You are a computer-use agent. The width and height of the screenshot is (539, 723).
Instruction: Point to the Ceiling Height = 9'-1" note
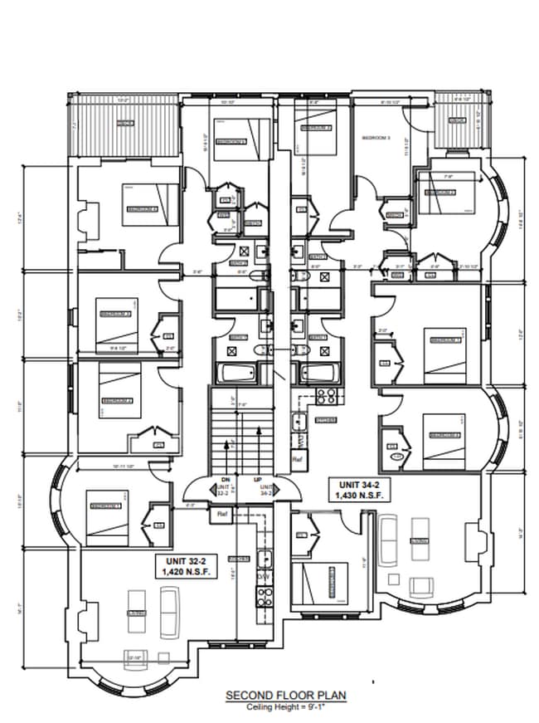285,707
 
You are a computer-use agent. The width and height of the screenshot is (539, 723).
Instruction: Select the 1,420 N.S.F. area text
185,573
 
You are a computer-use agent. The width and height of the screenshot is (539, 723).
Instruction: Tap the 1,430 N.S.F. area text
359,495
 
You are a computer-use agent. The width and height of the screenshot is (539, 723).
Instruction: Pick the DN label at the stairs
225,480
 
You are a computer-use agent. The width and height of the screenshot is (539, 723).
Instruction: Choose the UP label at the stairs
259,480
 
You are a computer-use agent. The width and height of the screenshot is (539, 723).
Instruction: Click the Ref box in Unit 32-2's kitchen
222,515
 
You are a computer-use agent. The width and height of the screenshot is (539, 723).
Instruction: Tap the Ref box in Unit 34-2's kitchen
297,457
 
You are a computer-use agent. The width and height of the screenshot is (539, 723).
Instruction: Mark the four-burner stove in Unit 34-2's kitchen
325,397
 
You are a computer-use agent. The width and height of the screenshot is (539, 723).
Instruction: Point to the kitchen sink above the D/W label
265,559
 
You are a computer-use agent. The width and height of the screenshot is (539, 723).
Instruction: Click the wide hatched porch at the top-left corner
124,124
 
